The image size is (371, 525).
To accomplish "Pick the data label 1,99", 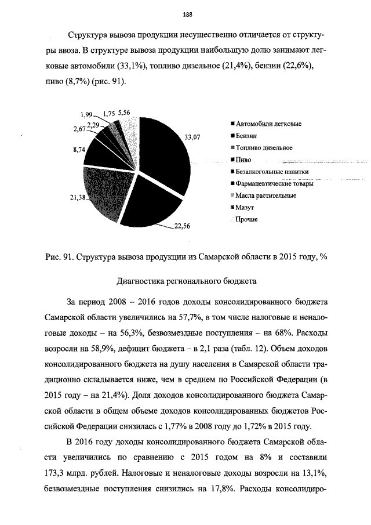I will pos(87,115).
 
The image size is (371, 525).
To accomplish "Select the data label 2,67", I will pos(79,129).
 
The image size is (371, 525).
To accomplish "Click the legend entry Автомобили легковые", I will pos(268,124).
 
